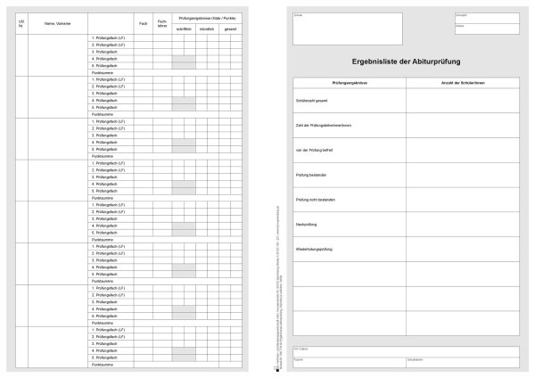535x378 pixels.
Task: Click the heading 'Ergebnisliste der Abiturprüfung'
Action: click(x=407, y=60)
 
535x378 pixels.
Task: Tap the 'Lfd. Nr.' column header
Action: click(x=21, y=23)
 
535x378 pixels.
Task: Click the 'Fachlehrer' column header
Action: click(x=161, y=23)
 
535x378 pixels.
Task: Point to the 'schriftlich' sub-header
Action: click(x=184, y=29)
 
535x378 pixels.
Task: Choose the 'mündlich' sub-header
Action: click(x=207, y=29)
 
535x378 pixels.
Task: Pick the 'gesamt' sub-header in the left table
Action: click(x=231, y=29)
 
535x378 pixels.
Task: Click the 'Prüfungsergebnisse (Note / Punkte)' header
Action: click(x=207, y=18)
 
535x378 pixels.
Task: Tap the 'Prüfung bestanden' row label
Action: click(x=310, y=175)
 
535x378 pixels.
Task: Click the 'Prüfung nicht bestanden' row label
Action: click(x=315, y=200)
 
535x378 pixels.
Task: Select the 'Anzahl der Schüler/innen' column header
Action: click(x=463, y=82)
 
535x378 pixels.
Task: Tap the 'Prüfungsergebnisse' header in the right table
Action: click(x=350, y=82)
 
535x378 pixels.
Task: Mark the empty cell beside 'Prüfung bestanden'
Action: click(x=463, y=175)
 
